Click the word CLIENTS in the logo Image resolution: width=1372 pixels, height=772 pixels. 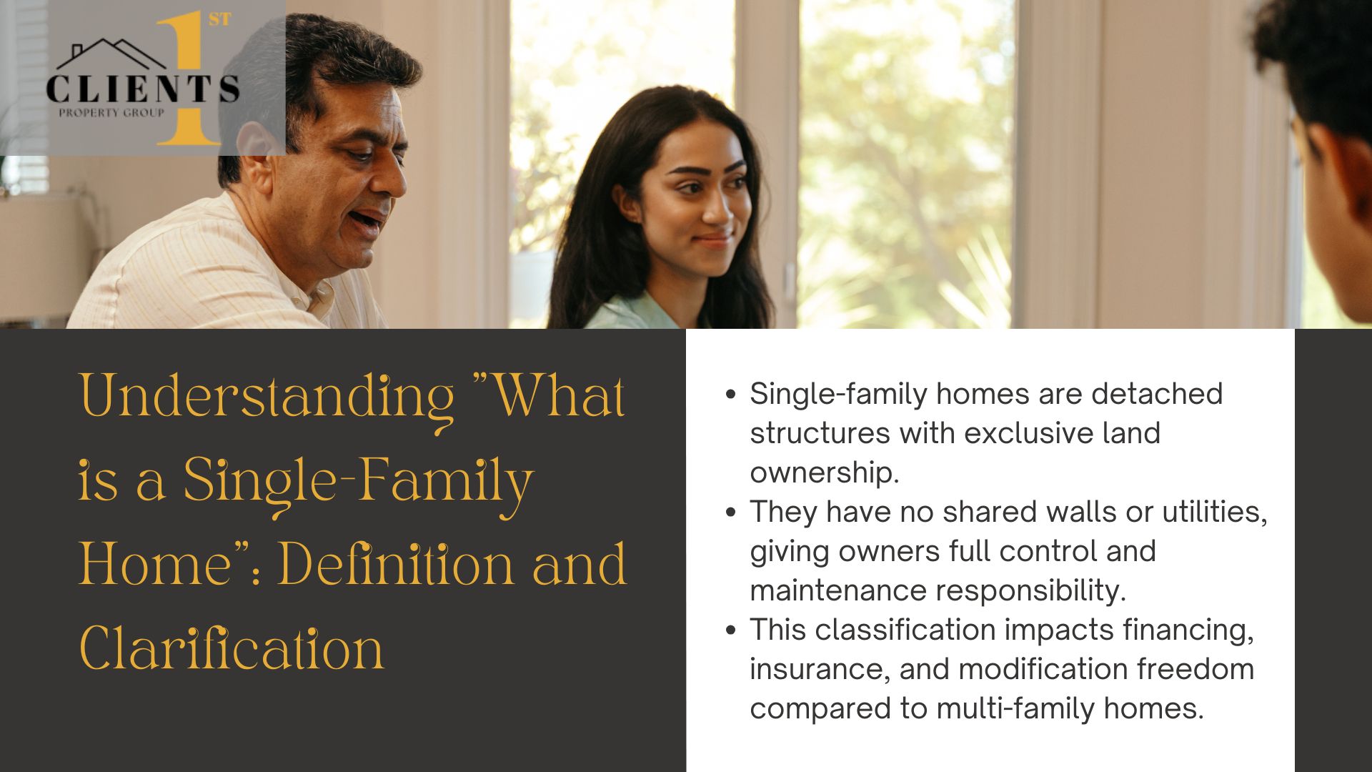click(143, 89)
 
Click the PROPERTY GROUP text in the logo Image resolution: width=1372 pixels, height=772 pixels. click(111, 112)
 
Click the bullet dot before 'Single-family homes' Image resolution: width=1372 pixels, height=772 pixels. click(730, 395)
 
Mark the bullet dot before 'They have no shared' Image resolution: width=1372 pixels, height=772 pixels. click(730, 513)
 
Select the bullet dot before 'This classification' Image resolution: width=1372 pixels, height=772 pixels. click(730, 630)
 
